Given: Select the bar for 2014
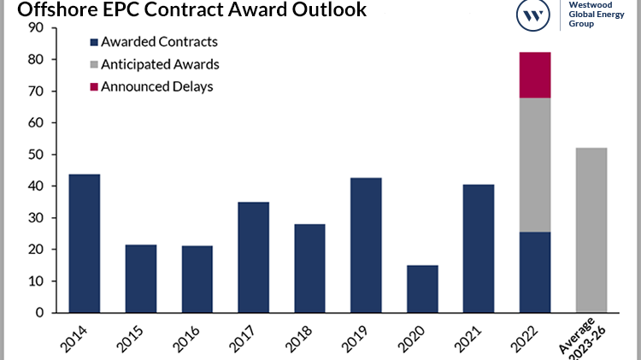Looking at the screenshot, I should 84,244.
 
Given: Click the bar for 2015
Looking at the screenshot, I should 140,279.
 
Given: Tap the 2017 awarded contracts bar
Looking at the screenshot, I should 253,257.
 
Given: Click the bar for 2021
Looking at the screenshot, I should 478,249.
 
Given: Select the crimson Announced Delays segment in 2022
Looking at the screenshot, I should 534,75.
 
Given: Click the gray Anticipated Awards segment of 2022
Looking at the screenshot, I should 534,165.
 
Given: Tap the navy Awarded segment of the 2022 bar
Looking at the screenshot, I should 534,272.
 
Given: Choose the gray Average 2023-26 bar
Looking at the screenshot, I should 591,230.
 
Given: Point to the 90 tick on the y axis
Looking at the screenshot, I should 35,28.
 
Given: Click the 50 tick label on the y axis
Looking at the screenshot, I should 35,155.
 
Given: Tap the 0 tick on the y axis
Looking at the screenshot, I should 39,313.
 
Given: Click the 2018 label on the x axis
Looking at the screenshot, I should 298,338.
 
